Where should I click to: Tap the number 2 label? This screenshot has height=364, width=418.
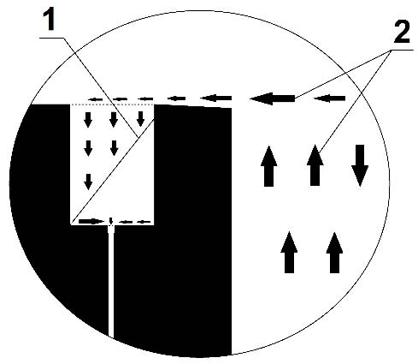(401, 32)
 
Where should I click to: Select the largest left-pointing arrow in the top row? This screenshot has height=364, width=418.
(272, 98)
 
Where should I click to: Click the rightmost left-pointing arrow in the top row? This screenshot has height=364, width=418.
(330, 98)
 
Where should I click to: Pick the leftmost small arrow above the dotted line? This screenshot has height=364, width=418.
(96, 99)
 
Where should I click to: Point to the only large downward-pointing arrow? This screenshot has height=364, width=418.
(360, 165)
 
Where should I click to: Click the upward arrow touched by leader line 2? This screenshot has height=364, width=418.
(315, 165)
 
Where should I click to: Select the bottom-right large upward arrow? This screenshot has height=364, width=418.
(334, 253)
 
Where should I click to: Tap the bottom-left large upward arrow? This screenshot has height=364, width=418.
(289, 253)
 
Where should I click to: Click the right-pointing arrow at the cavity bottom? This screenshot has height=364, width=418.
(91, 221)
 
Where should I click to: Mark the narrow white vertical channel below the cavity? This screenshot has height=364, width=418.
(111, 281)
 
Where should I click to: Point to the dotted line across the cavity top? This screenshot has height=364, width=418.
(112, 104)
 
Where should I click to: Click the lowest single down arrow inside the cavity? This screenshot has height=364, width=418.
(88, 182)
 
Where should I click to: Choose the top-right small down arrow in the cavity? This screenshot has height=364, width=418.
(140, 119)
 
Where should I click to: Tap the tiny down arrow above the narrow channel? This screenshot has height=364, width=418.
(111, 221)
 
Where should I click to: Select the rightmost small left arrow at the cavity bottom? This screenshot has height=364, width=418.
(144, 222)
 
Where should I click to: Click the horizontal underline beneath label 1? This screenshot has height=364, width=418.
(51, 38)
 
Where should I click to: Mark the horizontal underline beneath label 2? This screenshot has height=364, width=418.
(402, 50)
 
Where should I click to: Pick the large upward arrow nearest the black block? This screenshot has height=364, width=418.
(268, 166)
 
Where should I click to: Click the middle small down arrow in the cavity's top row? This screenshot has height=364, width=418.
(114, 120)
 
